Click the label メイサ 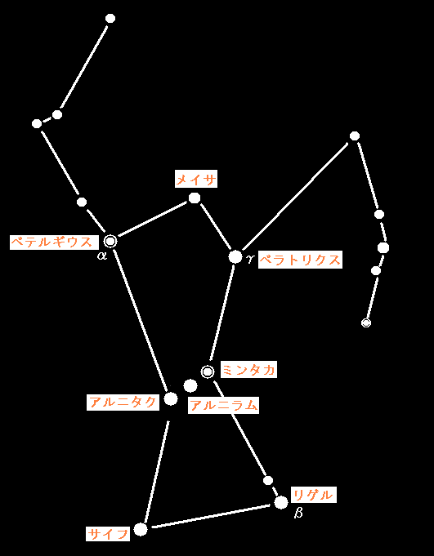coord(196,180)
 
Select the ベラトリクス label coord(300,260)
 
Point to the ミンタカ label coord(248,370)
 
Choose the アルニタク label coord(123,403)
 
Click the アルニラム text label coord(224,405)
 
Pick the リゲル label coord(313,495)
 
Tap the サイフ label coord(108,533)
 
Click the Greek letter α coord(102,256)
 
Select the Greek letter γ coord(251,260)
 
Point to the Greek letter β coord(298,513)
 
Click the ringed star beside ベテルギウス coord(110,241)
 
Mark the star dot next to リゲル coord(281,502)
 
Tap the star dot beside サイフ coord(141,529)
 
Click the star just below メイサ coord(194,198)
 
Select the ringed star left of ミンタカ coord(208,371)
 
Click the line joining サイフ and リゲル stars coord(211,517)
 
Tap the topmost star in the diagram coord(110,19)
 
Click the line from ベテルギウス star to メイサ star coord(153,219)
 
